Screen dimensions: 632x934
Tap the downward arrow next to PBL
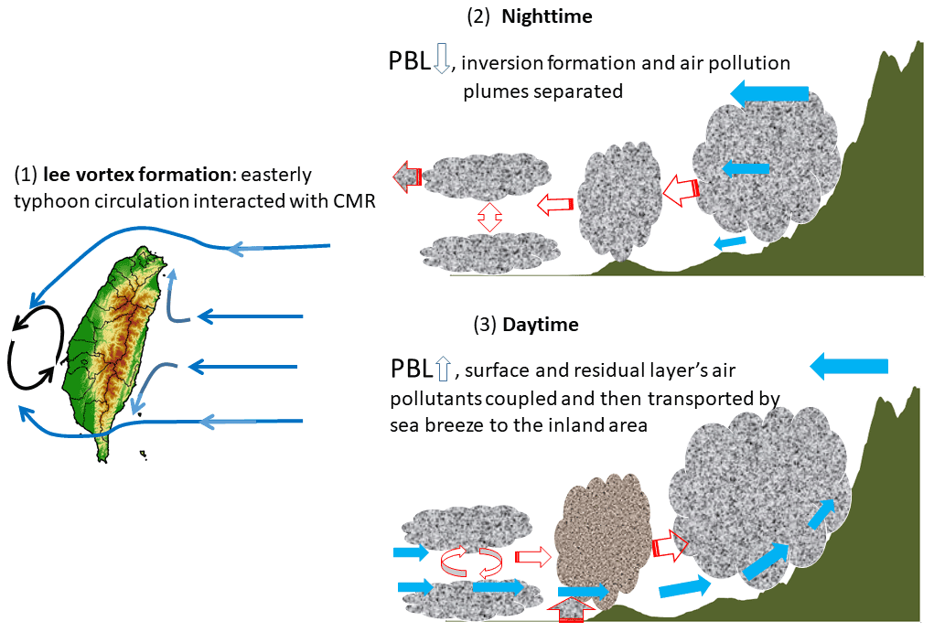coord(441,61)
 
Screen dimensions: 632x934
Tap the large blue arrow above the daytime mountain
coord(849,367)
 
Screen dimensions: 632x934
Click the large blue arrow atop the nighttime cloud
coord(770,92)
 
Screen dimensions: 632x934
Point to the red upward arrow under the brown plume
coord(571,609)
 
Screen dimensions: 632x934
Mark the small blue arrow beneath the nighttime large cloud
coord(730,241)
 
